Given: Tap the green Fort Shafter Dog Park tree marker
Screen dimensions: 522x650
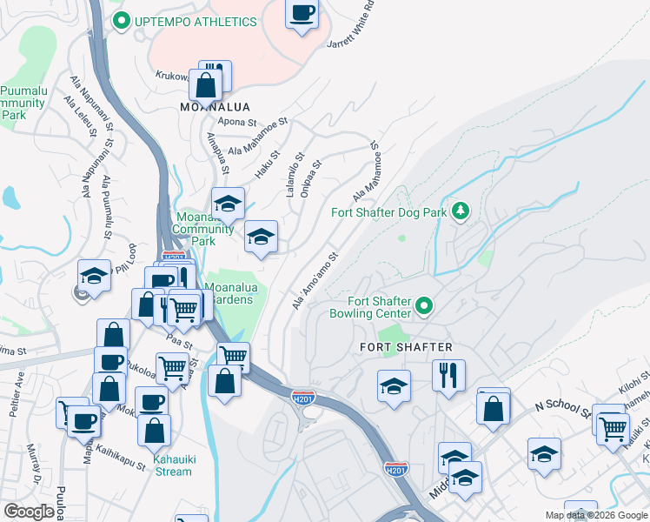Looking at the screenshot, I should (x=461, y=211).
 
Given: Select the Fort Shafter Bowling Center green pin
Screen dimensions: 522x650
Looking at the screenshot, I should (x=424, y=305).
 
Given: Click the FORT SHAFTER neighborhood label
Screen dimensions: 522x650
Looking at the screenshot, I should (x=406, y=347).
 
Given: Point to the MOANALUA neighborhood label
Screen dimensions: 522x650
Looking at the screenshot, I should (x=209, y=106).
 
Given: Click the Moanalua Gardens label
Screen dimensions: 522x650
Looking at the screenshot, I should (x=229, y=292).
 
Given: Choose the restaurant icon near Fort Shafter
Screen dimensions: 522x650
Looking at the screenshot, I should (x=448, y=375).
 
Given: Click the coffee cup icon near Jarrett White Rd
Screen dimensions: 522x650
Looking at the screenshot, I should (x=302, y=13).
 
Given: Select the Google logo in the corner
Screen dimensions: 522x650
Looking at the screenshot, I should (x=29, y=512).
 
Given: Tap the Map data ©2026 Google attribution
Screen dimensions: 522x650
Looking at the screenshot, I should (x=595, y=515).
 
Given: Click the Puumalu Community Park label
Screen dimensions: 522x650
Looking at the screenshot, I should (x=23, y=103).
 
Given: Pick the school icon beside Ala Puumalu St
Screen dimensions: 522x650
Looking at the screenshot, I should (x=94, y=276).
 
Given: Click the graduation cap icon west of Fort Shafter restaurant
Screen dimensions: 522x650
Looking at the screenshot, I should (x=394, y=385).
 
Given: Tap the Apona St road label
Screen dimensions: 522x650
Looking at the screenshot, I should (x=240, y=122).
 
